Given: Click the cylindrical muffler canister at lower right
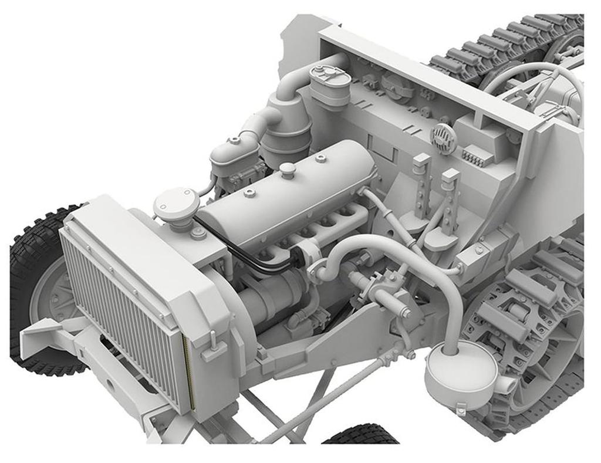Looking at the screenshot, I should (x=461, y=371).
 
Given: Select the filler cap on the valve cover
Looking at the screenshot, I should (x=287, y=170).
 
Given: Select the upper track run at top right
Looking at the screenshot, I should (x=505, y=41).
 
